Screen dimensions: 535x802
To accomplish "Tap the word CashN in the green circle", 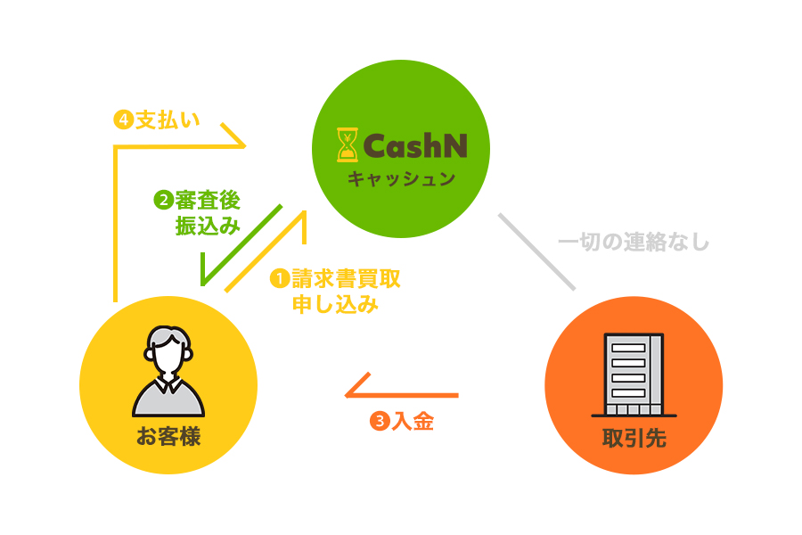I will (415, 145).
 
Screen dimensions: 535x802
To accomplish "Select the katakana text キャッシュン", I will (401, 178).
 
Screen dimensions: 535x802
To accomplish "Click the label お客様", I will (168, 437).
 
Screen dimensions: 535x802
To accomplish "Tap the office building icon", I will (634, 375).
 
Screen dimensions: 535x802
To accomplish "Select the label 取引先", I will (634, 439).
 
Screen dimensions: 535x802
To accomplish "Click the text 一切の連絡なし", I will (633, 242).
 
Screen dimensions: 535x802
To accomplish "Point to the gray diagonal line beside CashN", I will (536, 251).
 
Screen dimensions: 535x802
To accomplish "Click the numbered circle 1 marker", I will (280, 279).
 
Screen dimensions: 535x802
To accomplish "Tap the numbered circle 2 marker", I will (163, 200).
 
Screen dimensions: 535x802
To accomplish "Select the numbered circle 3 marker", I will (379, 421).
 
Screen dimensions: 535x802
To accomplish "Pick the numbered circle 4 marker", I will (123, 120).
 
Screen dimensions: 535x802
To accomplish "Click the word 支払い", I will (168, 120).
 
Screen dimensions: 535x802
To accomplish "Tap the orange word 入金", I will (413, 421).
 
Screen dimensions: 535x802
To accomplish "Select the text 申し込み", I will (336, 305).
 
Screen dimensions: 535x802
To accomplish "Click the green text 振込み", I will (209, 225).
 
